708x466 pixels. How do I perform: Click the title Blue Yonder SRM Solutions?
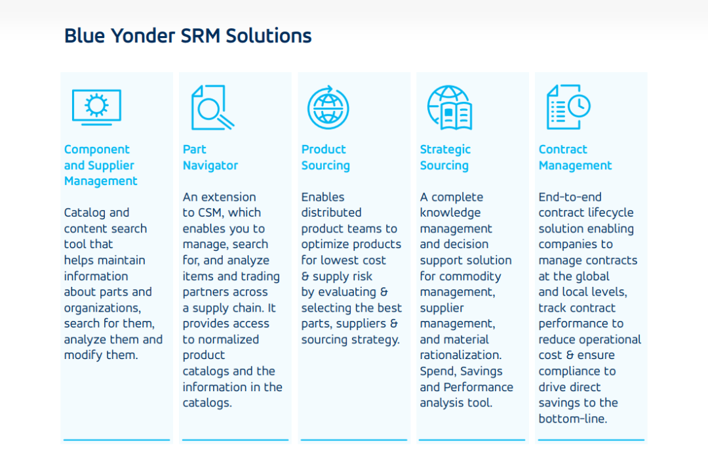188,35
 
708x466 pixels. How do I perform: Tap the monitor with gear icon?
96,108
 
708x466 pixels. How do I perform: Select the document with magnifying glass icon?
212,108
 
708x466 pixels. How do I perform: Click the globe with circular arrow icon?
328,108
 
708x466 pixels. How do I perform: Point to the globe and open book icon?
450,108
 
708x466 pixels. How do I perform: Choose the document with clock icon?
568,107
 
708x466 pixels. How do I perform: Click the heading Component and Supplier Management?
101,165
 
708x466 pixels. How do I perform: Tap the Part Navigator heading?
210,158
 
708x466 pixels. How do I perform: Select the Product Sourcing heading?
326,158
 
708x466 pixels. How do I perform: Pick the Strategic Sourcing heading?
445,158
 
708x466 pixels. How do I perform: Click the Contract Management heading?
576,158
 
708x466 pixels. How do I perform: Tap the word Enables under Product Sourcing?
323,197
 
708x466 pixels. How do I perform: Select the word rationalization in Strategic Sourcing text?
461,355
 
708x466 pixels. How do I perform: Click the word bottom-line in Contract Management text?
572,419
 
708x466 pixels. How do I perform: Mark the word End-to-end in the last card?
570,197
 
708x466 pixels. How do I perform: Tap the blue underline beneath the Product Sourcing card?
354,439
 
